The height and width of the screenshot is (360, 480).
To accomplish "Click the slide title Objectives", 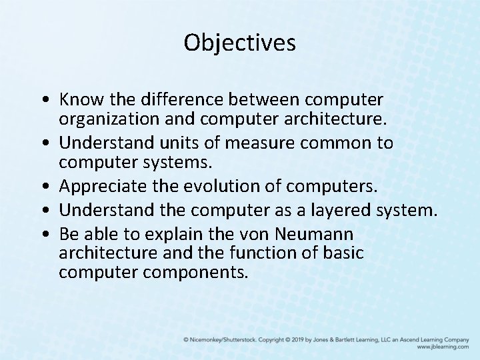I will (240, 43).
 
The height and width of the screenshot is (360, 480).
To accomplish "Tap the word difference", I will (171, 99).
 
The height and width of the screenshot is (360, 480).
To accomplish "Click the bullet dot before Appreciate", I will (45, 187).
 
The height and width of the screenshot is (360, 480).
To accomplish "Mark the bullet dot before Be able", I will (45, 235).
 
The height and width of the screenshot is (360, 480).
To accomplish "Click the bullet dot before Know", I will (45, 100).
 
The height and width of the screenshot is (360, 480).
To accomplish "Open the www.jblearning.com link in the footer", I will (443, 347).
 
